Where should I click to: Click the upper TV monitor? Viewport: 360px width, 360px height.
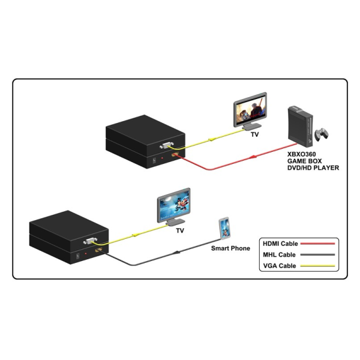[x=250, y=110]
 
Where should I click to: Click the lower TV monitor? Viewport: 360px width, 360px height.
[x=174, y=207]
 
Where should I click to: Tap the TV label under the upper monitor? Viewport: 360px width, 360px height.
[x=255, y=134]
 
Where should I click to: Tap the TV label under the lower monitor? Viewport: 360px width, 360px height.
[x=179, y=230]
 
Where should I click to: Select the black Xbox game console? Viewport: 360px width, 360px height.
[x=299, y=127]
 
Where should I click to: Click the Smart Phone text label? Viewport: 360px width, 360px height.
[x=230, y=247]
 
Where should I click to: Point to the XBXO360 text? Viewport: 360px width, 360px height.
[x=301, y=154]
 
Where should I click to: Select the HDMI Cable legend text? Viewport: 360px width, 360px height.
[x=280, y=244]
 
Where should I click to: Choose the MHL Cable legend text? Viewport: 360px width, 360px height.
[x=278, y=254]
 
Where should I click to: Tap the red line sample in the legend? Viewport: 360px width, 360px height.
[x=317, y=244]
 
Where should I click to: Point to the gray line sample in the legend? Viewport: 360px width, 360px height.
[x=317, y=254]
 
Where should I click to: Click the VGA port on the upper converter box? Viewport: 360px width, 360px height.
[x=168, y=145]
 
